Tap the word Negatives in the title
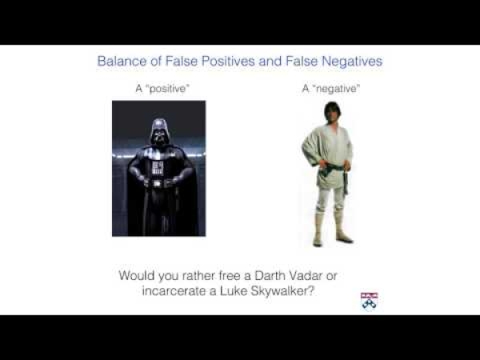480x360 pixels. (x=352, y=61)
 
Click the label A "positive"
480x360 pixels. (x=162, y=89)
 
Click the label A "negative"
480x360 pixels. (x=331, y=89)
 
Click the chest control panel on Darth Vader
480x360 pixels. (x=158, y=168)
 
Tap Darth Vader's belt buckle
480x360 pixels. (x=158, y=184)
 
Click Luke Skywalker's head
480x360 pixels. (x=331, y=112)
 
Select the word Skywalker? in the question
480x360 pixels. (x=282, y=291)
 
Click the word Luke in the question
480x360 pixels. (x=234, y=291)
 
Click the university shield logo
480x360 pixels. (x=369, y=302)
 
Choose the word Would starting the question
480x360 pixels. (x=137, y=275)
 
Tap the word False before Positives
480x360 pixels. (x=182, y=61)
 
